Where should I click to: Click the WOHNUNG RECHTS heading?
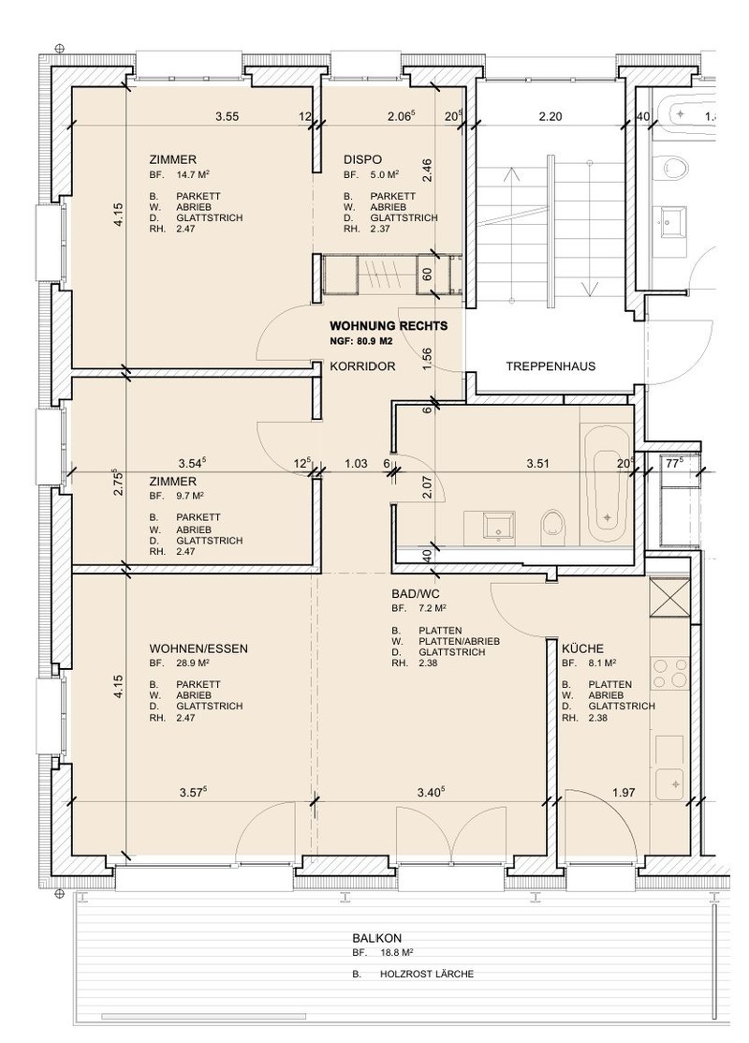(x=389, y=326)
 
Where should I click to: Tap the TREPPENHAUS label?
(x=551, y=365)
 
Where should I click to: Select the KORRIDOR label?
(x=363, y=365)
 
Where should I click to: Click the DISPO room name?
(x=363, y=159)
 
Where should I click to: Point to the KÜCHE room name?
(x=583, y=648)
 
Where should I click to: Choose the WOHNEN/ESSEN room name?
(x=198, y=648)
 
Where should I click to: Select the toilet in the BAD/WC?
(x=553, y=528)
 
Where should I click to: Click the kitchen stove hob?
(x=670, y=673)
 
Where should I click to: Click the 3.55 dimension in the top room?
(x=228, y=116)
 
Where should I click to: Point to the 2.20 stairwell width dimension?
(x=551, y=116)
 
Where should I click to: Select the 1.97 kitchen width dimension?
(x=624, y=792)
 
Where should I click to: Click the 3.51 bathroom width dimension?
(x=537, y=464)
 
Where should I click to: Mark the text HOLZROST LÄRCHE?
(x=427, y=974)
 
